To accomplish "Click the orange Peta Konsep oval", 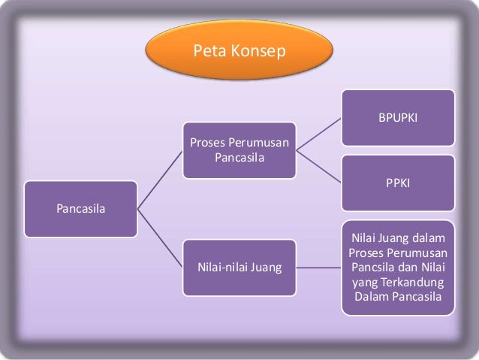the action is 238,52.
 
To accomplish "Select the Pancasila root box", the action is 80,208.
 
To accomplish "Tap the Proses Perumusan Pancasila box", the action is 239,150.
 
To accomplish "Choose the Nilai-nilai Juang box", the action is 239,266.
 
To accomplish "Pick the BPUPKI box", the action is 398,118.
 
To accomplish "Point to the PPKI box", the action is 398,183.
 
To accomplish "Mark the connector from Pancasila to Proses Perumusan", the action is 160,180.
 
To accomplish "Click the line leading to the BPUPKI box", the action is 318,135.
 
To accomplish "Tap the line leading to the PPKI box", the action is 318,167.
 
